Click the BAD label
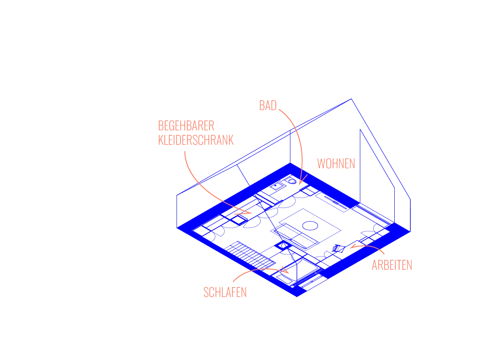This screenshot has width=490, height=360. coord(267,106)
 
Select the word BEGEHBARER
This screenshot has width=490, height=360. coord(186,126)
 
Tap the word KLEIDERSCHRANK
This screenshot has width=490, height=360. coord(196,139)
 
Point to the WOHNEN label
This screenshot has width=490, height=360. coord(336,164)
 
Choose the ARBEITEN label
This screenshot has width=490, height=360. coord(391,265)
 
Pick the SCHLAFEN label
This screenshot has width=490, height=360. coord(225,292)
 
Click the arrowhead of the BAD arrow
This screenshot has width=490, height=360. coord(301,182)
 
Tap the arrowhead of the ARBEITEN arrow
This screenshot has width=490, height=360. coord(352,247)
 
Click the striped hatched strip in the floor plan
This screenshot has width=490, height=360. coord(250,254)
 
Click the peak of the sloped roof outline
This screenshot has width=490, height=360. coord(351,98)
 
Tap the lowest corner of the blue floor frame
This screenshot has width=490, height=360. coord(297,295)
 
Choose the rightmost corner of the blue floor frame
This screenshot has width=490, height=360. coord(410,232)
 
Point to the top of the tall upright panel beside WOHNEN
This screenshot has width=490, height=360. coord(361,130)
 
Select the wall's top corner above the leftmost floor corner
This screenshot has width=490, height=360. coord(177,193)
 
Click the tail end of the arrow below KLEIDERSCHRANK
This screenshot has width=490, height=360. coord(184,151)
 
